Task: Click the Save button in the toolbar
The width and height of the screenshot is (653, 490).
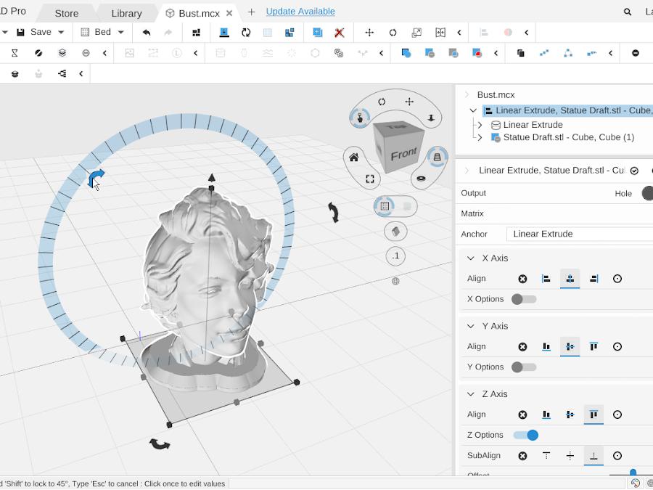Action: coord(34,32)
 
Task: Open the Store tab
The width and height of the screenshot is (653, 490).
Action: coord(67,13)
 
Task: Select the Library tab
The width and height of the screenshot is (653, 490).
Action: coord(126,13)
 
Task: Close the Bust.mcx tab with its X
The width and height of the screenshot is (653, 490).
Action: coord(230,13)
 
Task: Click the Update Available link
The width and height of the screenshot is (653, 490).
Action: coord(300,12)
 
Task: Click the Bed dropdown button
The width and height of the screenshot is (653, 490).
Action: coord(102,32)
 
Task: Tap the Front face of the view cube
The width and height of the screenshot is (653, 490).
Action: coord(403,154)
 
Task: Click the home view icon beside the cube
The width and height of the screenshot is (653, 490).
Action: coord(354,158)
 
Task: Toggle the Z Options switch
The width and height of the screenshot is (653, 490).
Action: coord(525,435)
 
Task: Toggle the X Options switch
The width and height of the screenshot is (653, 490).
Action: coord(524,299)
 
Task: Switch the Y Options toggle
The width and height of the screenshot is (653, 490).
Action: coord(524,367)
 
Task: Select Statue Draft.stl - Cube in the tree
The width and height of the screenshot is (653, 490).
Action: coord(568,137)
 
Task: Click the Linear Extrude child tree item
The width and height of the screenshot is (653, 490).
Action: coord(533,125)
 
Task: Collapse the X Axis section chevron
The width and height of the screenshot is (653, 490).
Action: coord(470,258)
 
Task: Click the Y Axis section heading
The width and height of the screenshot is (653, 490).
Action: coord(495,326)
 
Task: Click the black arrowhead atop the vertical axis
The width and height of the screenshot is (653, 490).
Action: coord(211,177)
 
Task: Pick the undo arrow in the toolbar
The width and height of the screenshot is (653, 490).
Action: coord(147,32)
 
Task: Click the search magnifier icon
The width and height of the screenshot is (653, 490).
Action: coord(628,12)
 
